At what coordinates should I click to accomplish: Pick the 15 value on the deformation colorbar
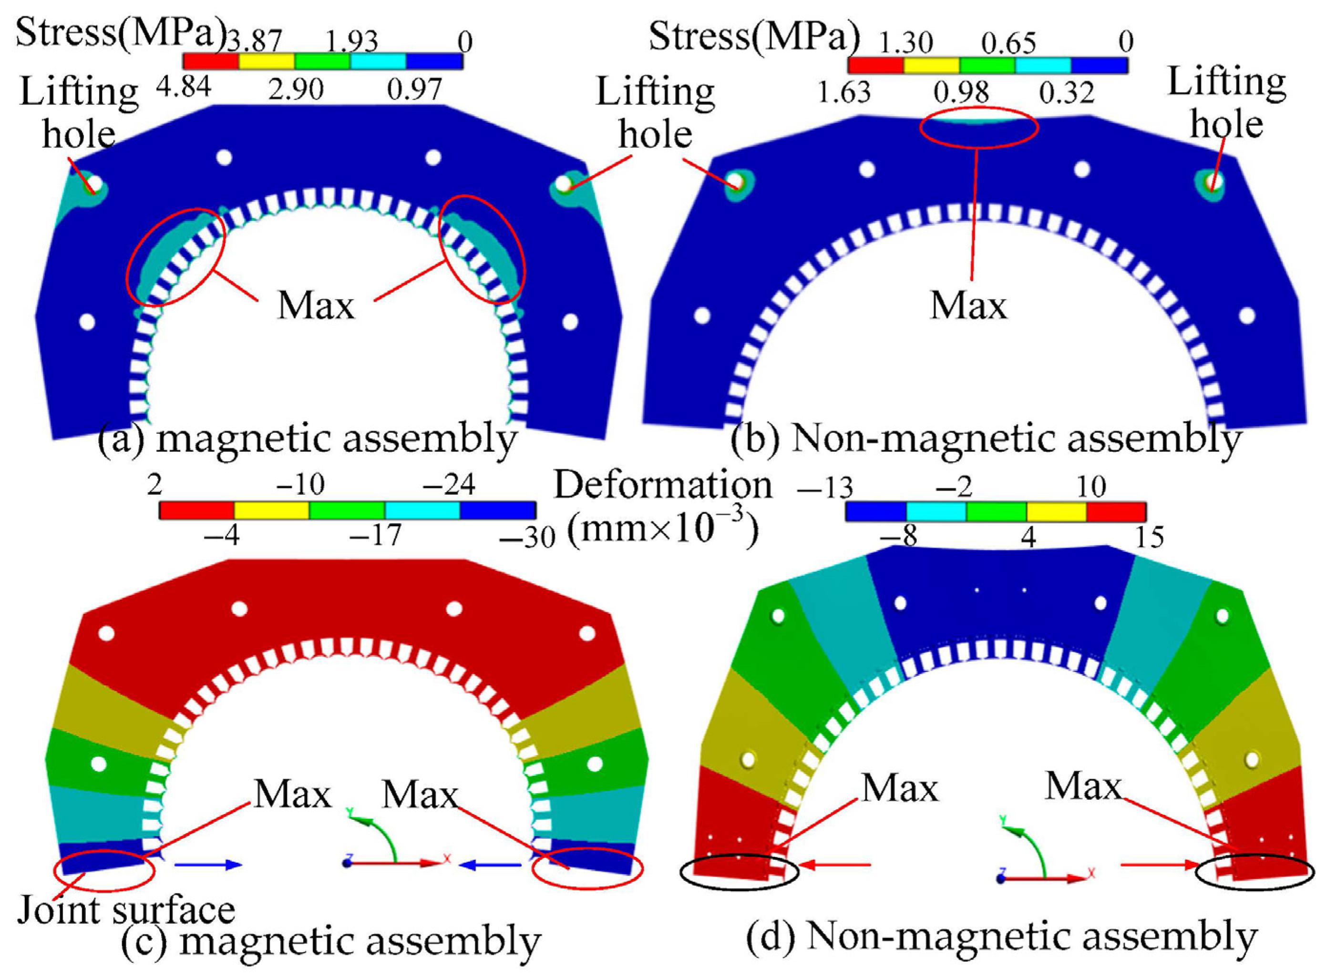1149,537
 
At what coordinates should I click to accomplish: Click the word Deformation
663,486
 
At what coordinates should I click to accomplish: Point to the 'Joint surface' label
126,910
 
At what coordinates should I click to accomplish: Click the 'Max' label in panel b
968,306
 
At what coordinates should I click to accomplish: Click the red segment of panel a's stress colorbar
210,61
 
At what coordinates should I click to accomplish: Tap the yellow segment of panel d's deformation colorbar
1056,511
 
